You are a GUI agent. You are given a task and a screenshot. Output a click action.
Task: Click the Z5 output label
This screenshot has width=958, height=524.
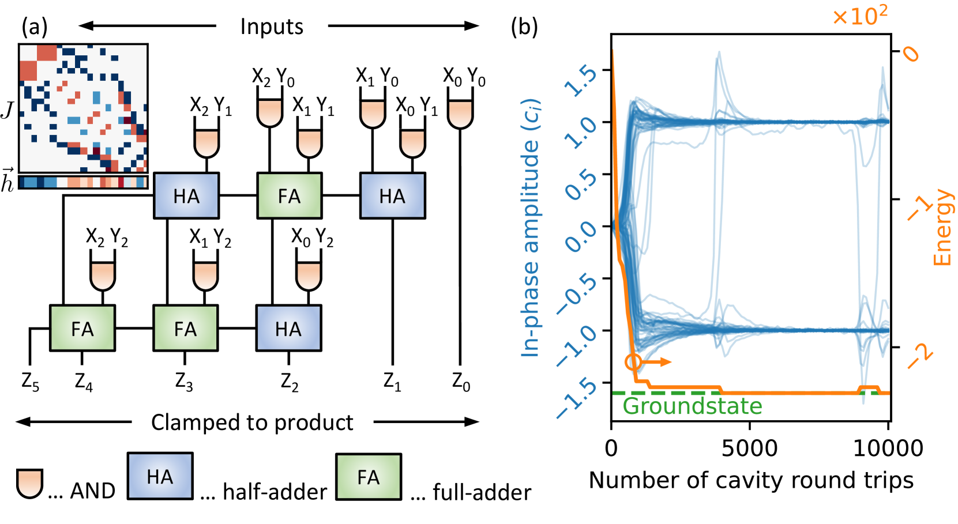(30, 382)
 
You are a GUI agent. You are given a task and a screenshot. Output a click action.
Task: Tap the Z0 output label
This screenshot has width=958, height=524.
(461, 382)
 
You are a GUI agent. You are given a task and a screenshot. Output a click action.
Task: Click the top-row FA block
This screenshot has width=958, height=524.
(289, 196)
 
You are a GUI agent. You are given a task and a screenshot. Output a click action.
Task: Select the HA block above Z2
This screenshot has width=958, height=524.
(288, 329)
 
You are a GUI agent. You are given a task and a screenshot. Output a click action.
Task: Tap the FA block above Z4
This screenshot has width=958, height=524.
(82, 329)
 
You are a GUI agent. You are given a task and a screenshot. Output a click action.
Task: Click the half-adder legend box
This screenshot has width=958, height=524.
(160, 476)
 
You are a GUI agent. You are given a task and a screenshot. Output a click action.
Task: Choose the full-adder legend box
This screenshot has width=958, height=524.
(369, 477)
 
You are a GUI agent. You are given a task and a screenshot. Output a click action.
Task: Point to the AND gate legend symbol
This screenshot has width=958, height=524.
(29, 483)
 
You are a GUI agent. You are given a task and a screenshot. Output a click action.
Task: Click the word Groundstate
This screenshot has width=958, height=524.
(692, 406)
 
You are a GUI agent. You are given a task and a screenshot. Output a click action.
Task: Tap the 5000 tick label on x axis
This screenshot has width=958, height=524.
(749, 448)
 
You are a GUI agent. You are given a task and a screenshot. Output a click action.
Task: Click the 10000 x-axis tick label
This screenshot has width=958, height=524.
(888, 448)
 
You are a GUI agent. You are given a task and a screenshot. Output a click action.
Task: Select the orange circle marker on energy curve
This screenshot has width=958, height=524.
(633, 362)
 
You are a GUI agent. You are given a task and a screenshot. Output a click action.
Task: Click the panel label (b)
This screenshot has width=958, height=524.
(524, 27)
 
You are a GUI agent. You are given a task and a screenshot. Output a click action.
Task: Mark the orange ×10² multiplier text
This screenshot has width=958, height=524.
(859, 16)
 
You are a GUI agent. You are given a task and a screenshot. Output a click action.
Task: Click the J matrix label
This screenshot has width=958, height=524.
(7, 109)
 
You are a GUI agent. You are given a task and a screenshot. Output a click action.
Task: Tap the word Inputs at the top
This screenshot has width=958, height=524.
(272, 27)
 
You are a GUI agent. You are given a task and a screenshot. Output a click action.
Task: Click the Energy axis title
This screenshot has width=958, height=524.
(942, 227)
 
